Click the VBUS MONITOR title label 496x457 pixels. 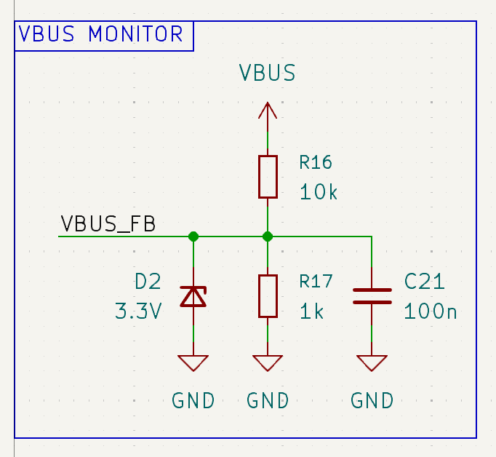[101, 34]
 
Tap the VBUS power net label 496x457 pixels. [268, 73]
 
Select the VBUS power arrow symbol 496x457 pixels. [268, 111]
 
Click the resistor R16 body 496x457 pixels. [268, 176]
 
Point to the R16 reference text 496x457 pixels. [315, 162]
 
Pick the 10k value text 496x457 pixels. [319, 192]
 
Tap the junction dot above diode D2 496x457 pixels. [193, 236]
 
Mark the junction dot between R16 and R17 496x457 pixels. [268, 236]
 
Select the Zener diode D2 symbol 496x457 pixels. [193, 296]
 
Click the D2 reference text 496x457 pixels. [148, 282]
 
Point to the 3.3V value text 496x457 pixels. [138, 311]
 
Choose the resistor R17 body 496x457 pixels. [268, 296]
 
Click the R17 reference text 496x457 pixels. [315, 282]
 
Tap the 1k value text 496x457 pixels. [311, 311]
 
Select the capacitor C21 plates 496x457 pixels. [372, 296]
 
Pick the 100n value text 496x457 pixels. [431, 311]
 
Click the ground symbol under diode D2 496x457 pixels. [193, 362]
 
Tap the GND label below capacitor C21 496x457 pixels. [372, 400]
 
